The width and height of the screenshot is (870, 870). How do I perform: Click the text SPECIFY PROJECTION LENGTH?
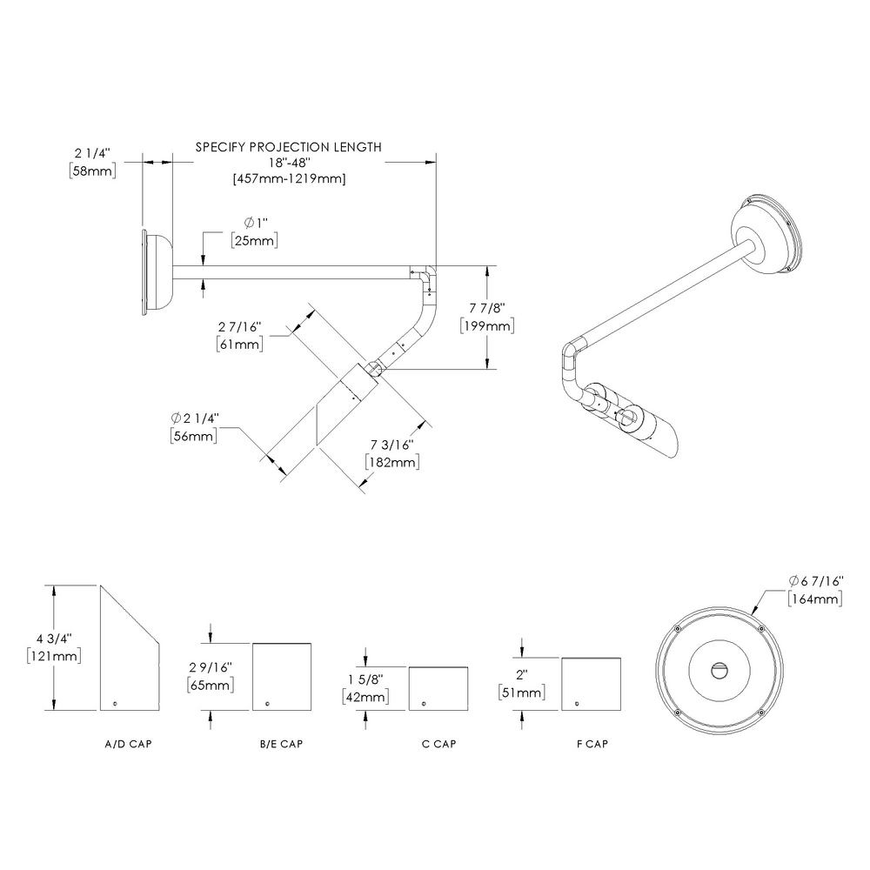click(288, 147)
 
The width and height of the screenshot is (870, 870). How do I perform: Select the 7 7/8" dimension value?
click(486, 308)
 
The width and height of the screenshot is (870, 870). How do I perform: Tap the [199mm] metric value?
click(486, 325)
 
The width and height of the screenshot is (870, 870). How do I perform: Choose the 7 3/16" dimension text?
click(391, 445)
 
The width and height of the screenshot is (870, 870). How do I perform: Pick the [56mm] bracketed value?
click(194, 436)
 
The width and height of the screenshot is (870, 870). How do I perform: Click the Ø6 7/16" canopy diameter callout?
click(815, 581)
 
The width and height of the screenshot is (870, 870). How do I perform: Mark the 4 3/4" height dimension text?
click(54, 638)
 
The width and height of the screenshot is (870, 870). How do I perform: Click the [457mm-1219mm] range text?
click(288, 178)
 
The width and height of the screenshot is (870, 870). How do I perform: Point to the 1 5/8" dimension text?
click(365, 679)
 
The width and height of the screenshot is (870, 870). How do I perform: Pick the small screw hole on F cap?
click(577, 703)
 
